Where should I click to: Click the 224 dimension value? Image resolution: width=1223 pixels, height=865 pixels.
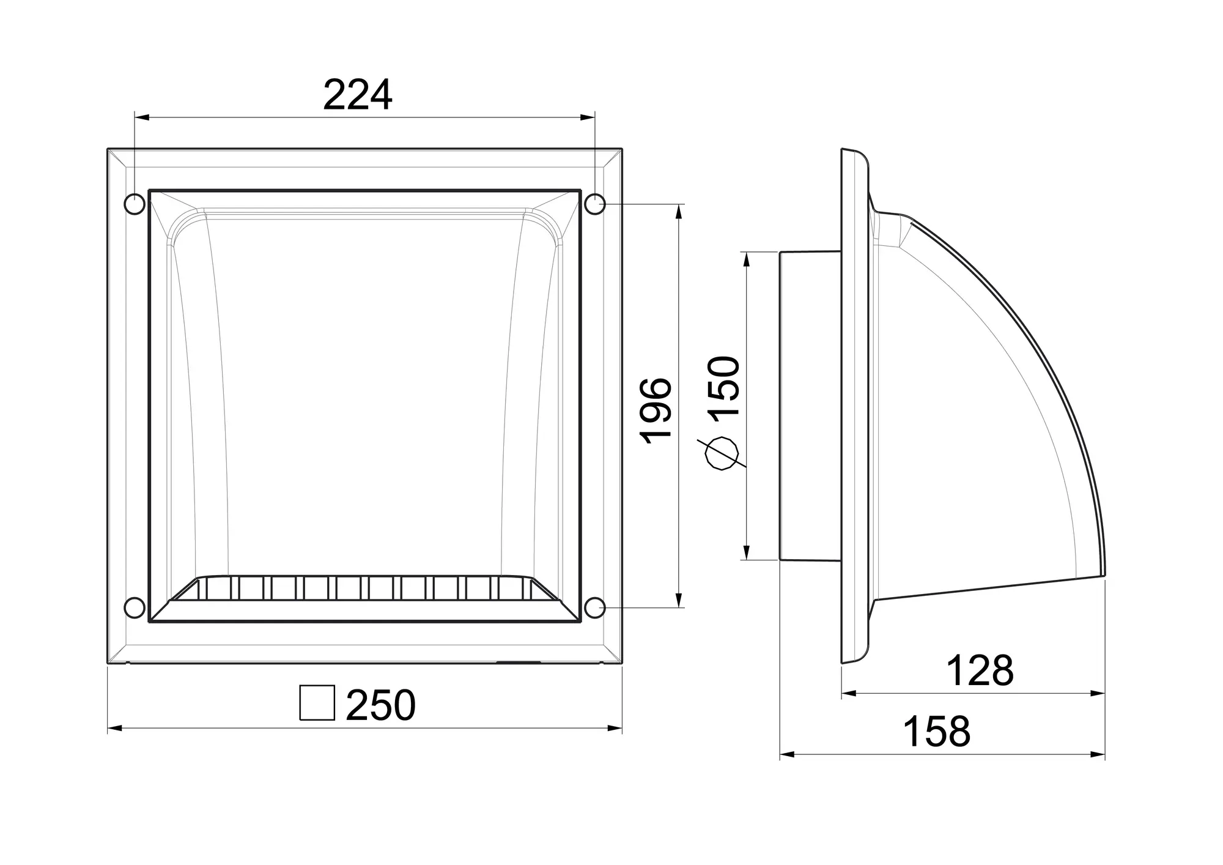[x=358, y=95]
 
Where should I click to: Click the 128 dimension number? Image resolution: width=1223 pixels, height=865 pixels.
[x=980, y=671]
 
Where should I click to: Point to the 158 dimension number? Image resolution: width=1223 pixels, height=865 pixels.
[x=936, y=731]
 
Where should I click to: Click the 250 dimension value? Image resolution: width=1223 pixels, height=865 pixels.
[x=380, y=705]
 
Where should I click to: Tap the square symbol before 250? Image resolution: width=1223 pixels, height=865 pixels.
[x=317, y=703]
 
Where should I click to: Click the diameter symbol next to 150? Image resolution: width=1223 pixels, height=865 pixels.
[x=722, y=453]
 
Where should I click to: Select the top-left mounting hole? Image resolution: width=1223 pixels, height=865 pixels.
[x=135, y=204]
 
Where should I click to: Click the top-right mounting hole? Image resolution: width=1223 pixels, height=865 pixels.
[x=595, y=204]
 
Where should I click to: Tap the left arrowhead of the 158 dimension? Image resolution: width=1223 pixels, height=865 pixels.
[x=786, y=755]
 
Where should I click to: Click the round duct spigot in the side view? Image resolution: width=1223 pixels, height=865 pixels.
[x=810, y=405]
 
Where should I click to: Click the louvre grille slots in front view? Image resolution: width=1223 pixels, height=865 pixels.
[x=365, y=589]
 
